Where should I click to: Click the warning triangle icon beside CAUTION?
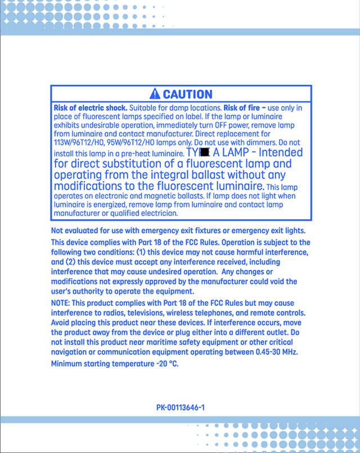[x=155, y=94]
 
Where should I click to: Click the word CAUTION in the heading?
[x=187, y=94]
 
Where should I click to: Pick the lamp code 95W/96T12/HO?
[x=133, y=143]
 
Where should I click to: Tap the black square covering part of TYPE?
[x=205, y=152]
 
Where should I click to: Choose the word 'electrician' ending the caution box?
[x=159, y=214]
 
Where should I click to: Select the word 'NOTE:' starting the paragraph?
[x=60, y=303]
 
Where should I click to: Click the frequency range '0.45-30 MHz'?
[x=276, y=352]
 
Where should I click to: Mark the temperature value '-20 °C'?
[x=167, y=364]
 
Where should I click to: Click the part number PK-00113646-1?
[x=180, y=407]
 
